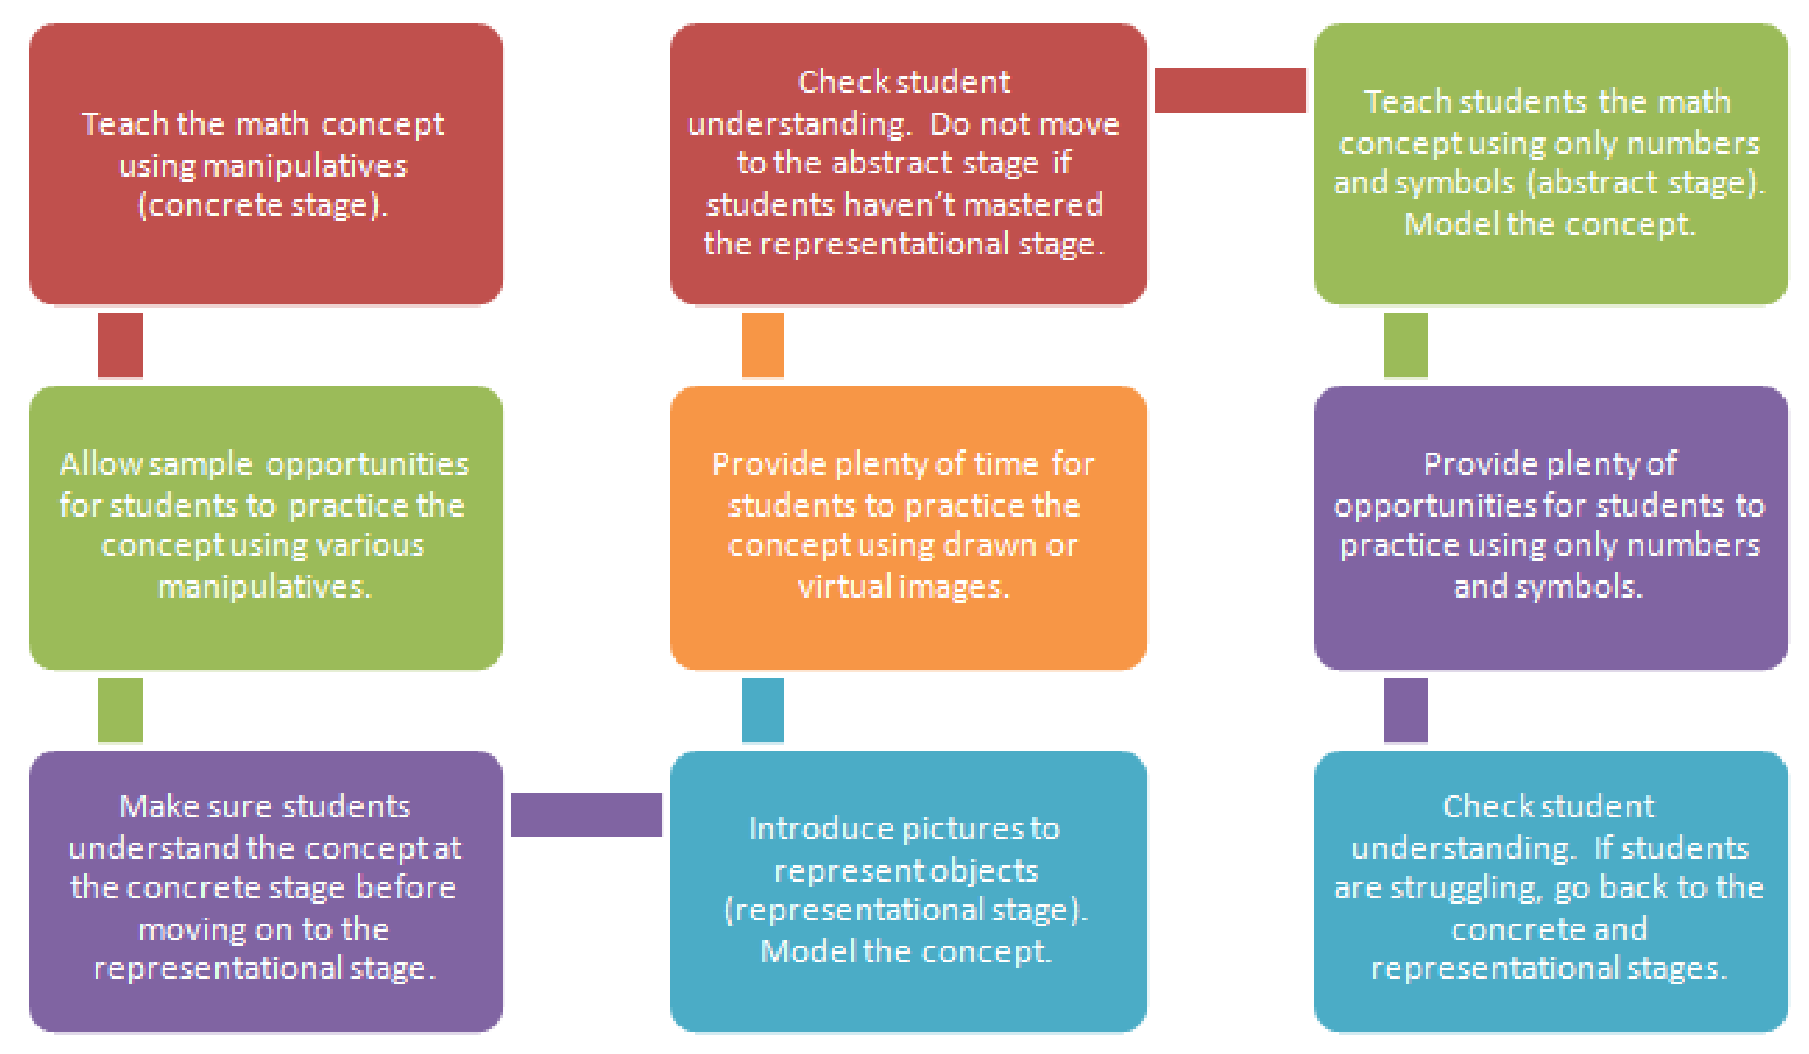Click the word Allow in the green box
pyautogui.click(x=101, y=464)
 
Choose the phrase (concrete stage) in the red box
pyautogui.click(x=263, y=206)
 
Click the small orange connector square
pyautogui.click(x=763, y=345)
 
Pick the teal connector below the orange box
pyautogui.click(x=763, y=710)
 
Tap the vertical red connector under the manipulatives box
pyautogui.click(x=120, y=345)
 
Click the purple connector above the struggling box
pyautogui.click(x=1406, y=710)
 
